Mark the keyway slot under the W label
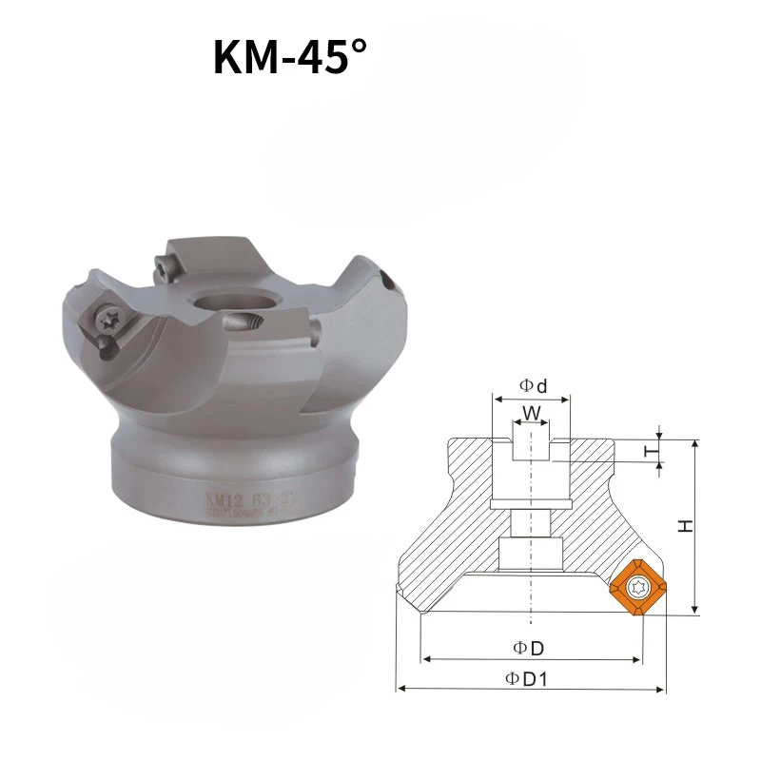[531, 448]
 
